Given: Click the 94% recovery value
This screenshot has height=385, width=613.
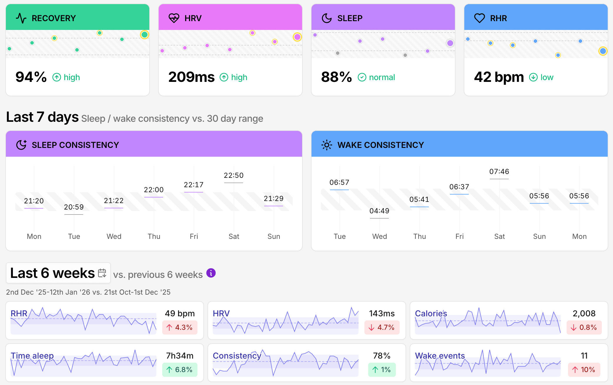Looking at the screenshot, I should (31, 77).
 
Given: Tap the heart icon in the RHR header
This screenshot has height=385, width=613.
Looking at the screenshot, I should (479, 18).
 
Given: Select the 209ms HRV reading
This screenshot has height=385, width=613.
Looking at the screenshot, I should (191, 77).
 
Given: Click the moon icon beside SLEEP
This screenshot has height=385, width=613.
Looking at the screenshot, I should (326, 18).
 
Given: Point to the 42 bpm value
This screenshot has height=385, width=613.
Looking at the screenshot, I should (499, 77).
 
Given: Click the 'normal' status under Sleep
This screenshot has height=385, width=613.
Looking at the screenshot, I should (382, 77).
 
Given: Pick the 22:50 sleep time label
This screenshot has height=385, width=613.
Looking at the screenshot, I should (234, 175).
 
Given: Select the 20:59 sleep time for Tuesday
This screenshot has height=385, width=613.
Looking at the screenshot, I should (74, 207).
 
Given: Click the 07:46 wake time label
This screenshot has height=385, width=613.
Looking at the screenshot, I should (499, 172).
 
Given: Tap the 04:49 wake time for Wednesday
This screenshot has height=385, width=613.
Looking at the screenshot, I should (379, 211).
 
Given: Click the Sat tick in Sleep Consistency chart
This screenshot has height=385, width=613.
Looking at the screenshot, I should (234, 237).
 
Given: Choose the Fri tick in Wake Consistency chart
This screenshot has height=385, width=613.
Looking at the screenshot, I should (459, 237).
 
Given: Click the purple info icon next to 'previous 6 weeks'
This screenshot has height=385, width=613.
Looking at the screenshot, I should (211, 273).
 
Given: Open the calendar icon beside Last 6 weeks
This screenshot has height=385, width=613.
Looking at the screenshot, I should (102, 273).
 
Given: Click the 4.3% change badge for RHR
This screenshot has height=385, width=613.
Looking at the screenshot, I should (180, 327).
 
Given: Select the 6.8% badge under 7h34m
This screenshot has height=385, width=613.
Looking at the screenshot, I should (180, 370).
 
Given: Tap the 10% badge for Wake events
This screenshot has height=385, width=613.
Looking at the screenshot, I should (584, 370).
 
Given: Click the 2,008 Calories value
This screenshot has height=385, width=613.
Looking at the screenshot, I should (584, 313).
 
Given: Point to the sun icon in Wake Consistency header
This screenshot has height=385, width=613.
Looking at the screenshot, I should (326, 145).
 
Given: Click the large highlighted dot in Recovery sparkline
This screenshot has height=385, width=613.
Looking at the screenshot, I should (144, 35).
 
